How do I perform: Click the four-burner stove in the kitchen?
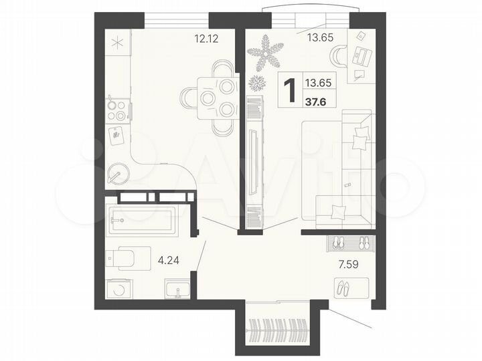(117, 110)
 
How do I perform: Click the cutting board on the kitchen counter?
(118, 136)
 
